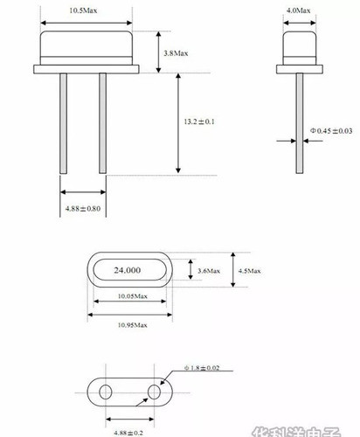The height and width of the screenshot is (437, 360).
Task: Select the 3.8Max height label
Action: click(x=176, y=54)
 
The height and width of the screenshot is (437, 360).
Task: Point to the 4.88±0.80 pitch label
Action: click(x=83, y=210)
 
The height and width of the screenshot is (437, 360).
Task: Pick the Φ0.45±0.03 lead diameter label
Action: click(x=331, y=132)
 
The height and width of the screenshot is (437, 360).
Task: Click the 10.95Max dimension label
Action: click(x=128, y=325)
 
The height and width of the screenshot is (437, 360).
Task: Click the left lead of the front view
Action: click(x=64, y=122)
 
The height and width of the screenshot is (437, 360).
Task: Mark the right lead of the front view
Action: click(x=102, y=122)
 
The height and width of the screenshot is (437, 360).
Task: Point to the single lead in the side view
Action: click(x=300, y=131)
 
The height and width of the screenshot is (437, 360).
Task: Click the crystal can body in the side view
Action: click(x=300, y=48)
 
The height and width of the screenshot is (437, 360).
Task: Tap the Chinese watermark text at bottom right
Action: click(x=301, y=431)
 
